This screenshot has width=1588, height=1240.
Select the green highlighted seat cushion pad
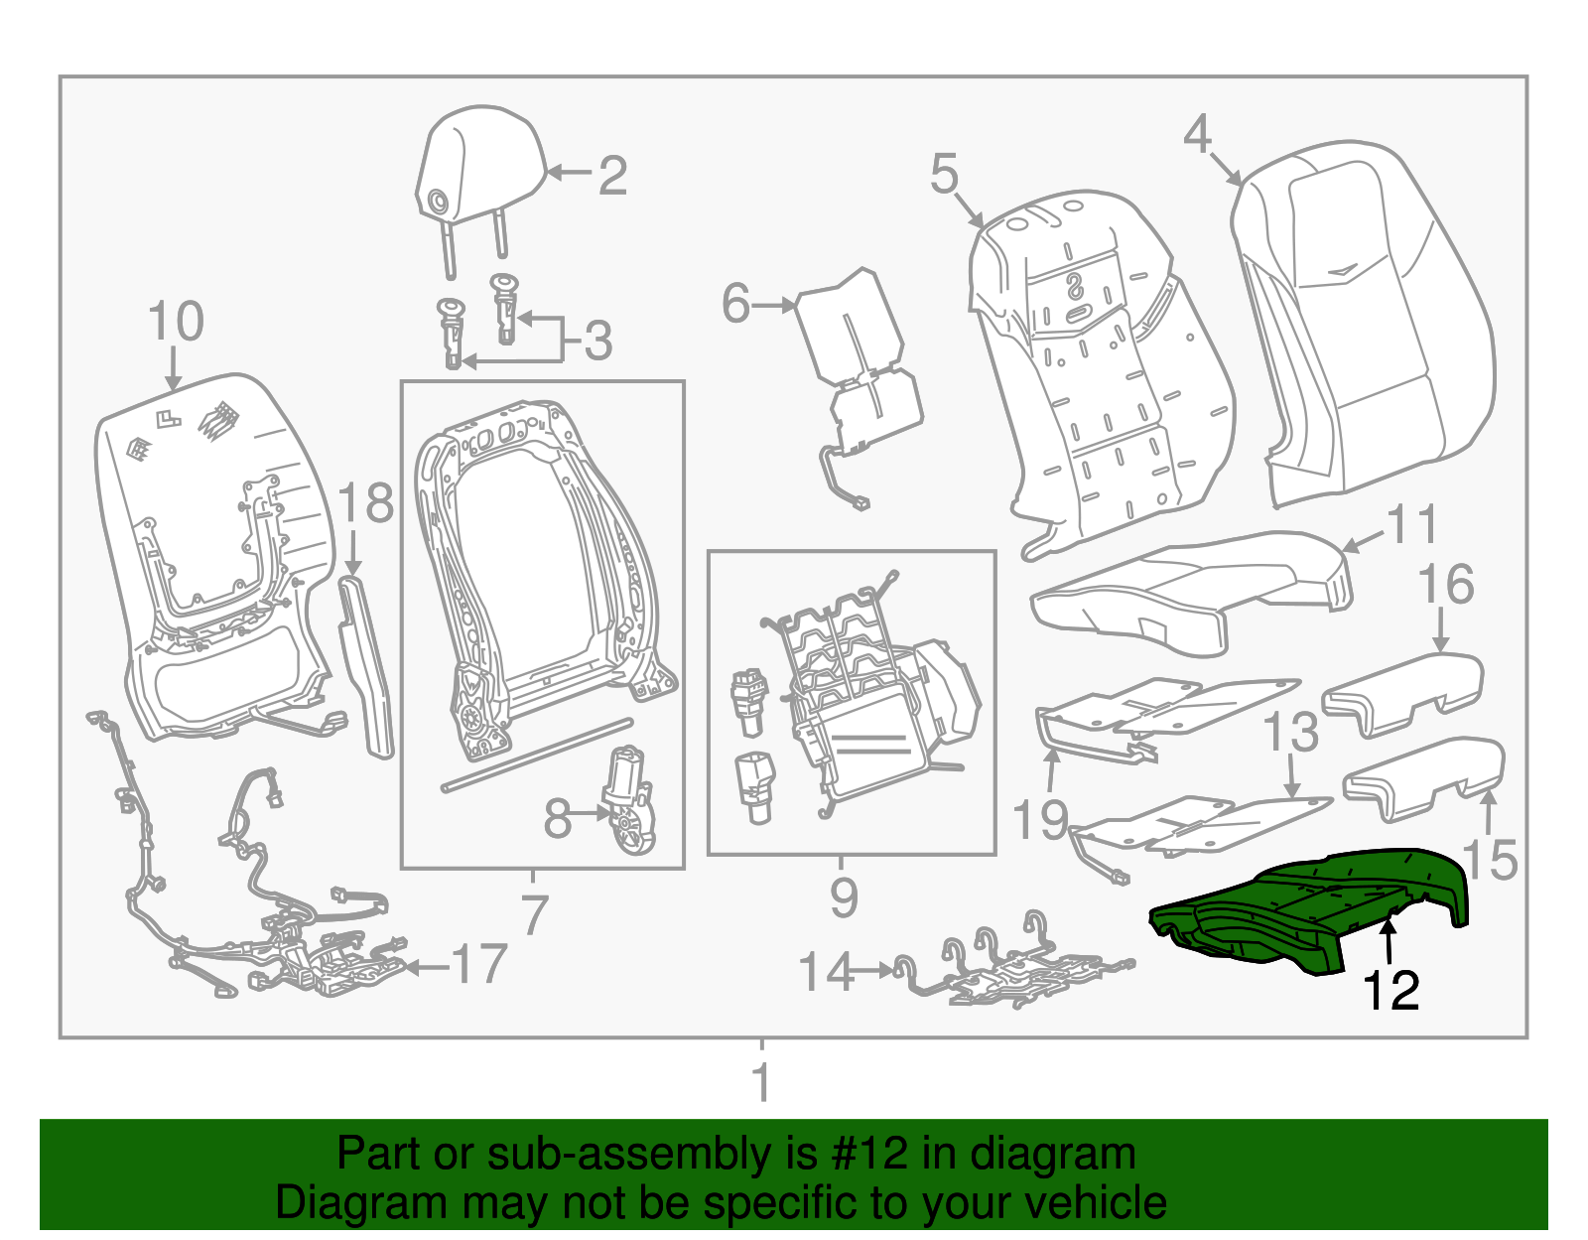coord(1310,903)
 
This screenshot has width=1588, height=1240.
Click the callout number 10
coord(175,323)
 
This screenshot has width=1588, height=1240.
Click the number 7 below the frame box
coord(534,914)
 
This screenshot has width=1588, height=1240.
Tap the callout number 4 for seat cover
coord(1198,134)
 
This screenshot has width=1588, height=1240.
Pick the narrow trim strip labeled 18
coord(365,665)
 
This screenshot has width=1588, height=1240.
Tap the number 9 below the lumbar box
coord(843,897)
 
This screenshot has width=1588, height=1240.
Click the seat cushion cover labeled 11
coord(1191,591)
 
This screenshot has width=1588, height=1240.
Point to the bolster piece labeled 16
coord(1404,690)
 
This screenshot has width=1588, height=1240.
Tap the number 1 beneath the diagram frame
coord(761,1083)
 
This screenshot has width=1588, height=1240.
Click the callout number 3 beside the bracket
coord(597,342)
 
